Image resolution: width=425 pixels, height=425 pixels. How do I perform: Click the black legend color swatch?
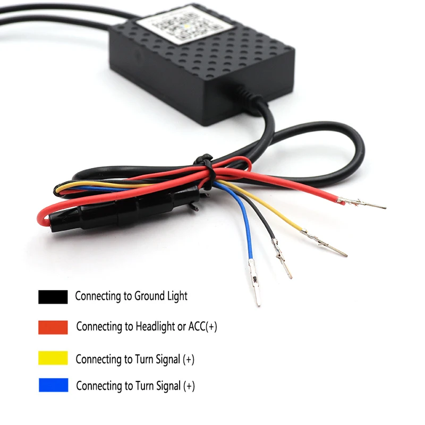[53, 296]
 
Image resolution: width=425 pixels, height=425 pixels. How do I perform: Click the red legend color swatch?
[53, 327]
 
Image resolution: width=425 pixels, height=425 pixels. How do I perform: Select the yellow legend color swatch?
[53, 358]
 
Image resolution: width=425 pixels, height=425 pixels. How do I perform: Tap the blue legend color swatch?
[53, 385]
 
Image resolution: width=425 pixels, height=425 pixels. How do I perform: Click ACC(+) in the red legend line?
[203, 326]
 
